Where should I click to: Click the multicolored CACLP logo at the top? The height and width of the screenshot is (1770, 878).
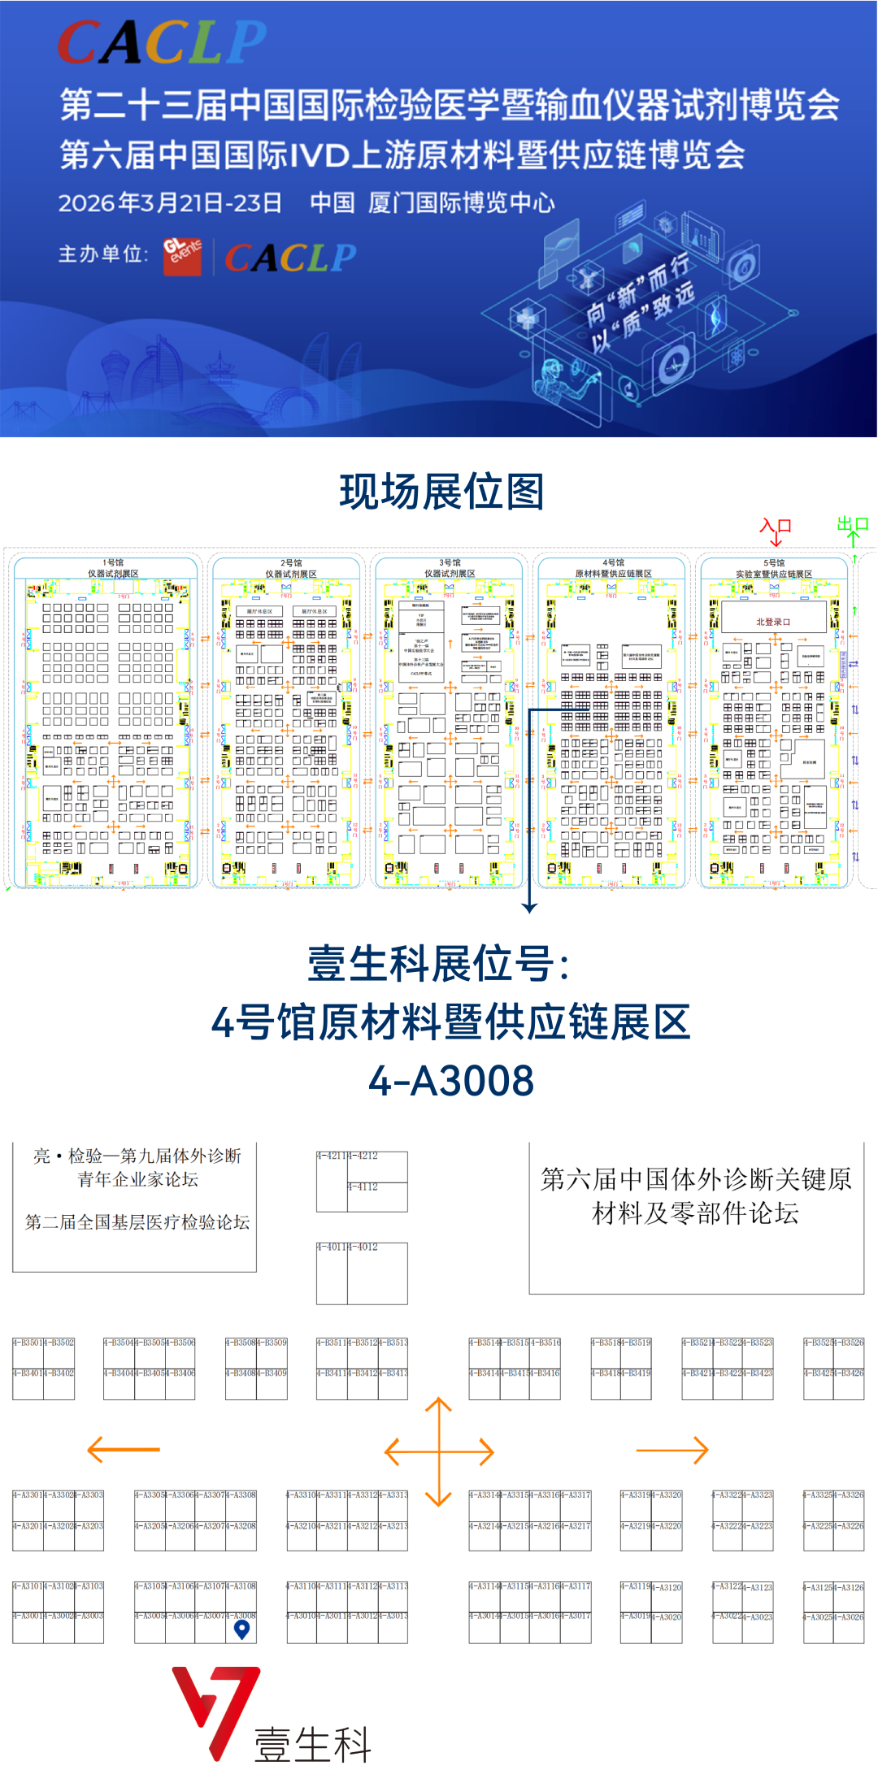click(x=162, y=42)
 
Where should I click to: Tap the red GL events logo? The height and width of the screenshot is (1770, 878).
click(x=182, y=255)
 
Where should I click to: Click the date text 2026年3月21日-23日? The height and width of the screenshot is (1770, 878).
click(x=170, y=203)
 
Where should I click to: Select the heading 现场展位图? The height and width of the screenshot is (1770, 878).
click(x=441, y=492)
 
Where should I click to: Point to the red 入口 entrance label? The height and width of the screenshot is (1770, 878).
click(x=775, y=526)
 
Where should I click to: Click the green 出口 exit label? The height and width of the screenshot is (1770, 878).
click(x=853, y=524)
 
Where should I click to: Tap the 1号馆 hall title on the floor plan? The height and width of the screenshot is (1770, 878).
click(x=113, y=562)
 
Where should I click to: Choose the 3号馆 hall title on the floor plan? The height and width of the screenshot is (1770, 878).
click(x=450, y=562)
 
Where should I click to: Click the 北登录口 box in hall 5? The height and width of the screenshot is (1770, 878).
click(x=773, y=622)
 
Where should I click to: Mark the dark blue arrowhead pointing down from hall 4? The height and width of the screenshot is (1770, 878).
click(x=529, y=907)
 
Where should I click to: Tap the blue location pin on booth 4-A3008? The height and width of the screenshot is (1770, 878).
click(x=241, y=1629)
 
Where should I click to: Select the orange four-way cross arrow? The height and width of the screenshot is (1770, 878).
click(x=439, y=1451)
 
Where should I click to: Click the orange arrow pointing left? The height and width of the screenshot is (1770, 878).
click(x=123, y=1449)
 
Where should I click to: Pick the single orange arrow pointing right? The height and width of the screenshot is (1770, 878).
click(x=672, y=1449)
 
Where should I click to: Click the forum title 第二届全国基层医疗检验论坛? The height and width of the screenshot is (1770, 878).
click(x=137, y=1222)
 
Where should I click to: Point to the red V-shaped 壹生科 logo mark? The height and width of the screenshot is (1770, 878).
click(x=215, y=1707)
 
